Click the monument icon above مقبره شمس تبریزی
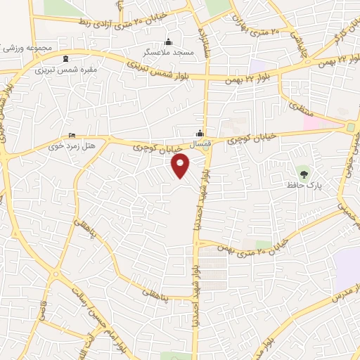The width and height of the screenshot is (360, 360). point(65,58)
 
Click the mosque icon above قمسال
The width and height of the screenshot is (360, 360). point(200,133)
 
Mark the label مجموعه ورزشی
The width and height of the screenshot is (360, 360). point(30,49)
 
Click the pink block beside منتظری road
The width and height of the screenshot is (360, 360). point(314,122)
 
